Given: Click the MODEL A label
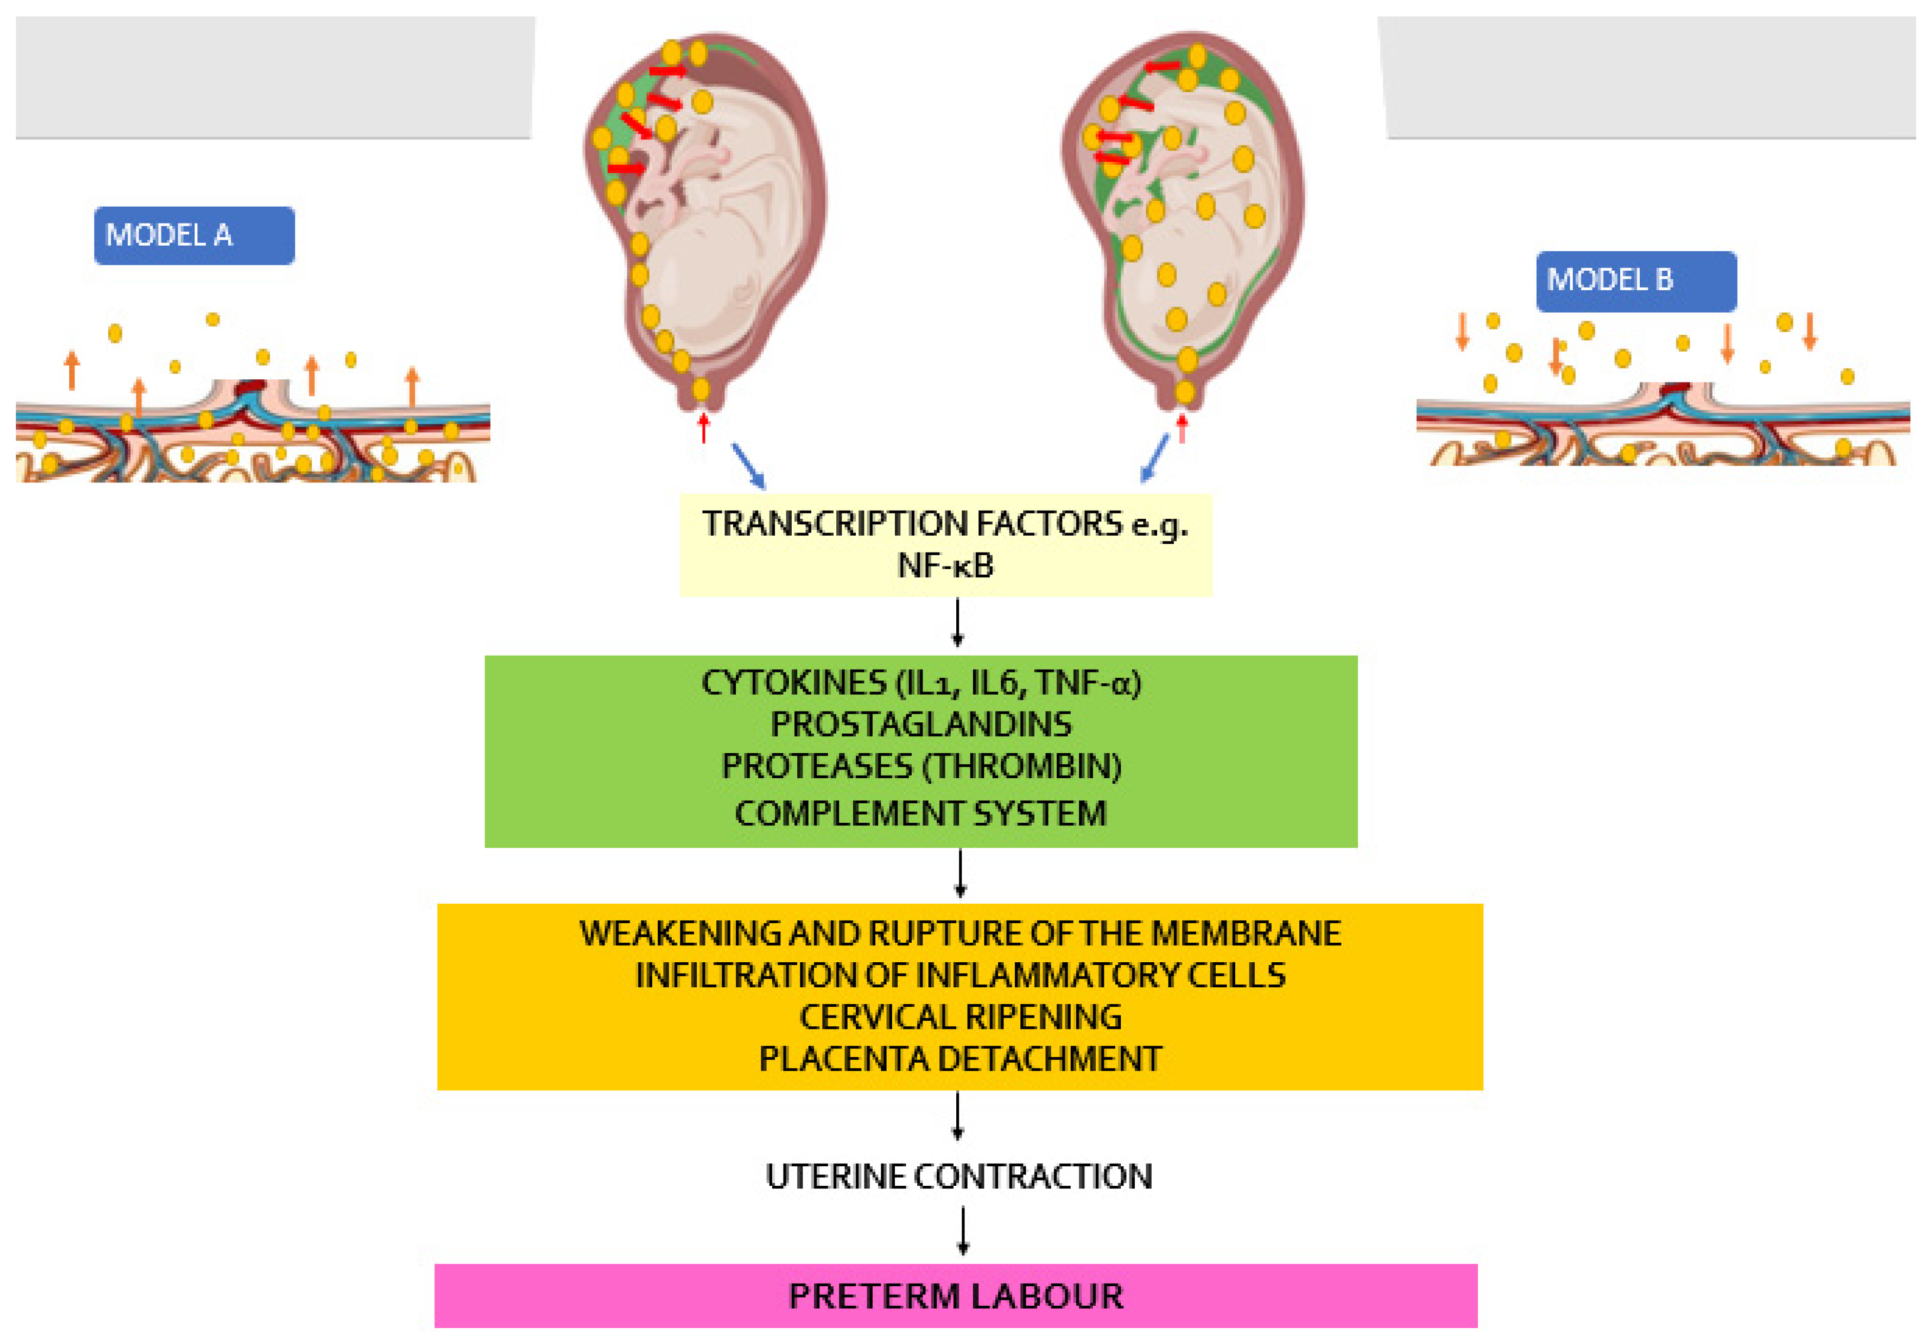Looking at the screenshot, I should [x=194, y=236].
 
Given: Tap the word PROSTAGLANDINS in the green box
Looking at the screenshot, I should [x=921, y=724].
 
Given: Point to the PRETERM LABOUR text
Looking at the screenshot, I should [x=956, y=1296].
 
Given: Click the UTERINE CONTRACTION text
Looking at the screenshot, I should [x=958, y=1176].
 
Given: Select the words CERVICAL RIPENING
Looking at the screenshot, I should [x=960, y=1017].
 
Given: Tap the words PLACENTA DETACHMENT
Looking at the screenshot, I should [x=960, y=1059].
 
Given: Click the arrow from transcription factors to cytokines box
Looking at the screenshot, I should [x=957, y=622].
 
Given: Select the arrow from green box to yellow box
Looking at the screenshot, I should [x=960, y=874].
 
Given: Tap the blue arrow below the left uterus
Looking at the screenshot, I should [x=748, y=465].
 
